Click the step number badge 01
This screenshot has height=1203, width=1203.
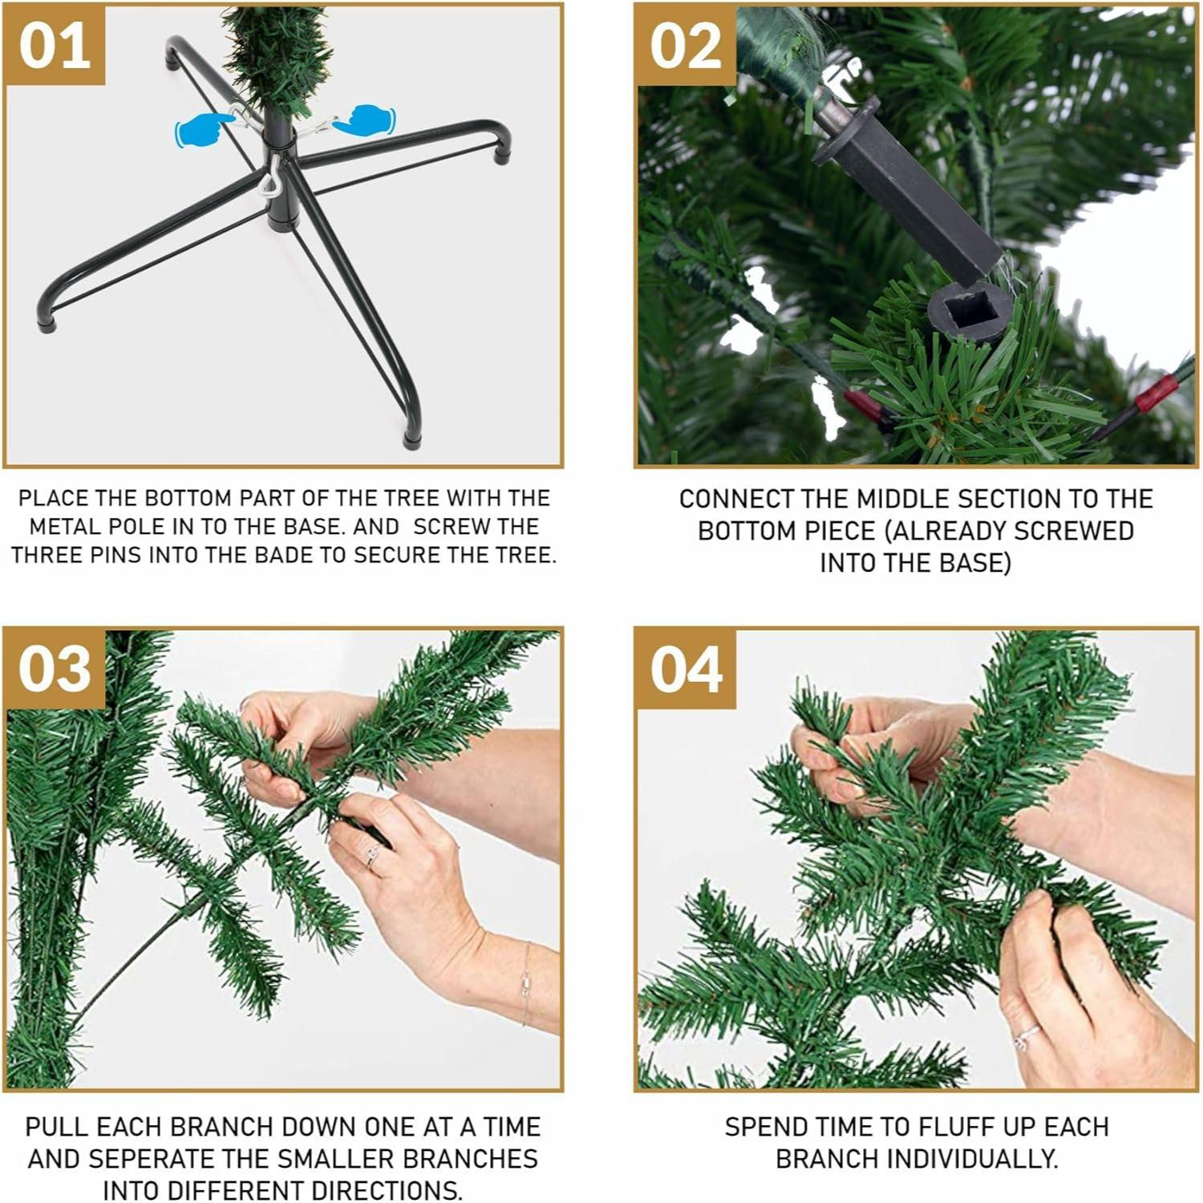(55, 46)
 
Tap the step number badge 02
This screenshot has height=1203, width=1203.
(686, 46)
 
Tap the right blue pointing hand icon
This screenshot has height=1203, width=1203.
(366, 120)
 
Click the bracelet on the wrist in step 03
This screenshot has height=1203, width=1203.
(526, 982)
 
